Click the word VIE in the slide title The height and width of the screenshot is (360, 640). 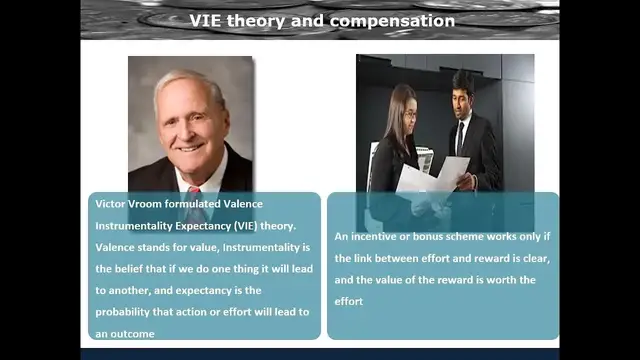pyautogui.click(x=206, y=20)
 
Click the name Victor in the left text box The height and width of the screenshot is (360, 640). pyautogui.click(x=112, y=202)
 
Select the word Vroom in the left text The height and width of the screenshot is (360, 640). pyautogui.click(x=154, y=202)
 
